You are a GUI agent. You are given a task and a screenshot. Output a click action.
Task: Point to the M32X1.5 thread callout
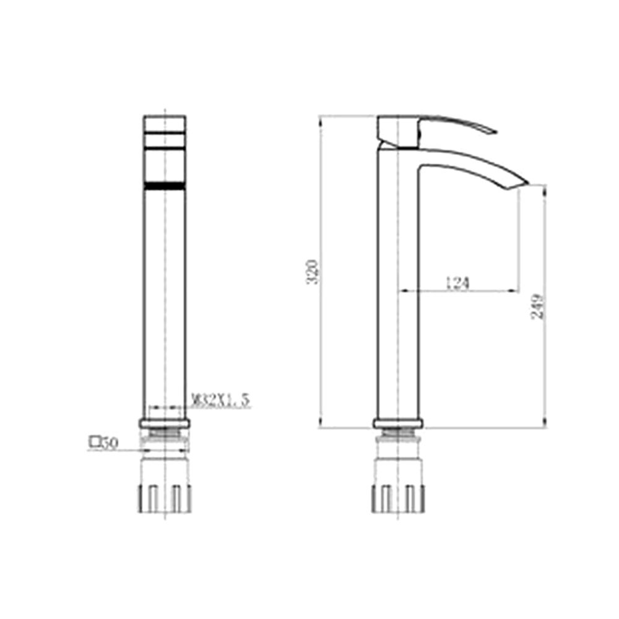(x=220, y=400)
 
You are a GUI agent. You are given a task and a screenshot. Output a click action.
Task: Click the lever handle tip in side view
(x=492, y=131)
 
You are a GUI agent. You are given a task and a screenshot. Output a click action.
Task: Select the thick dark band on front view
(x=165, y=185)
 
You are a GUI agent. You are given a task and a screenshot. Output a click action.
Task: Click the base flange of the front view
(x=165, y=423)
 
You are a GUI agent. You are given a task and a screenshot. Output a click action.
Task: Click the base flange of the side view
(x=399, y=423)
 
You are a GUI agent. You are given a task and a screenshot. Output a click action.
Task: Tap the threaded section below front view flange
(x=165, y=434)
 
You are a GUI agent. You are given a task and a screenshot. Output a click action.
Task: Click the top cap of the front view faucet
(x=165, y=122)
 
